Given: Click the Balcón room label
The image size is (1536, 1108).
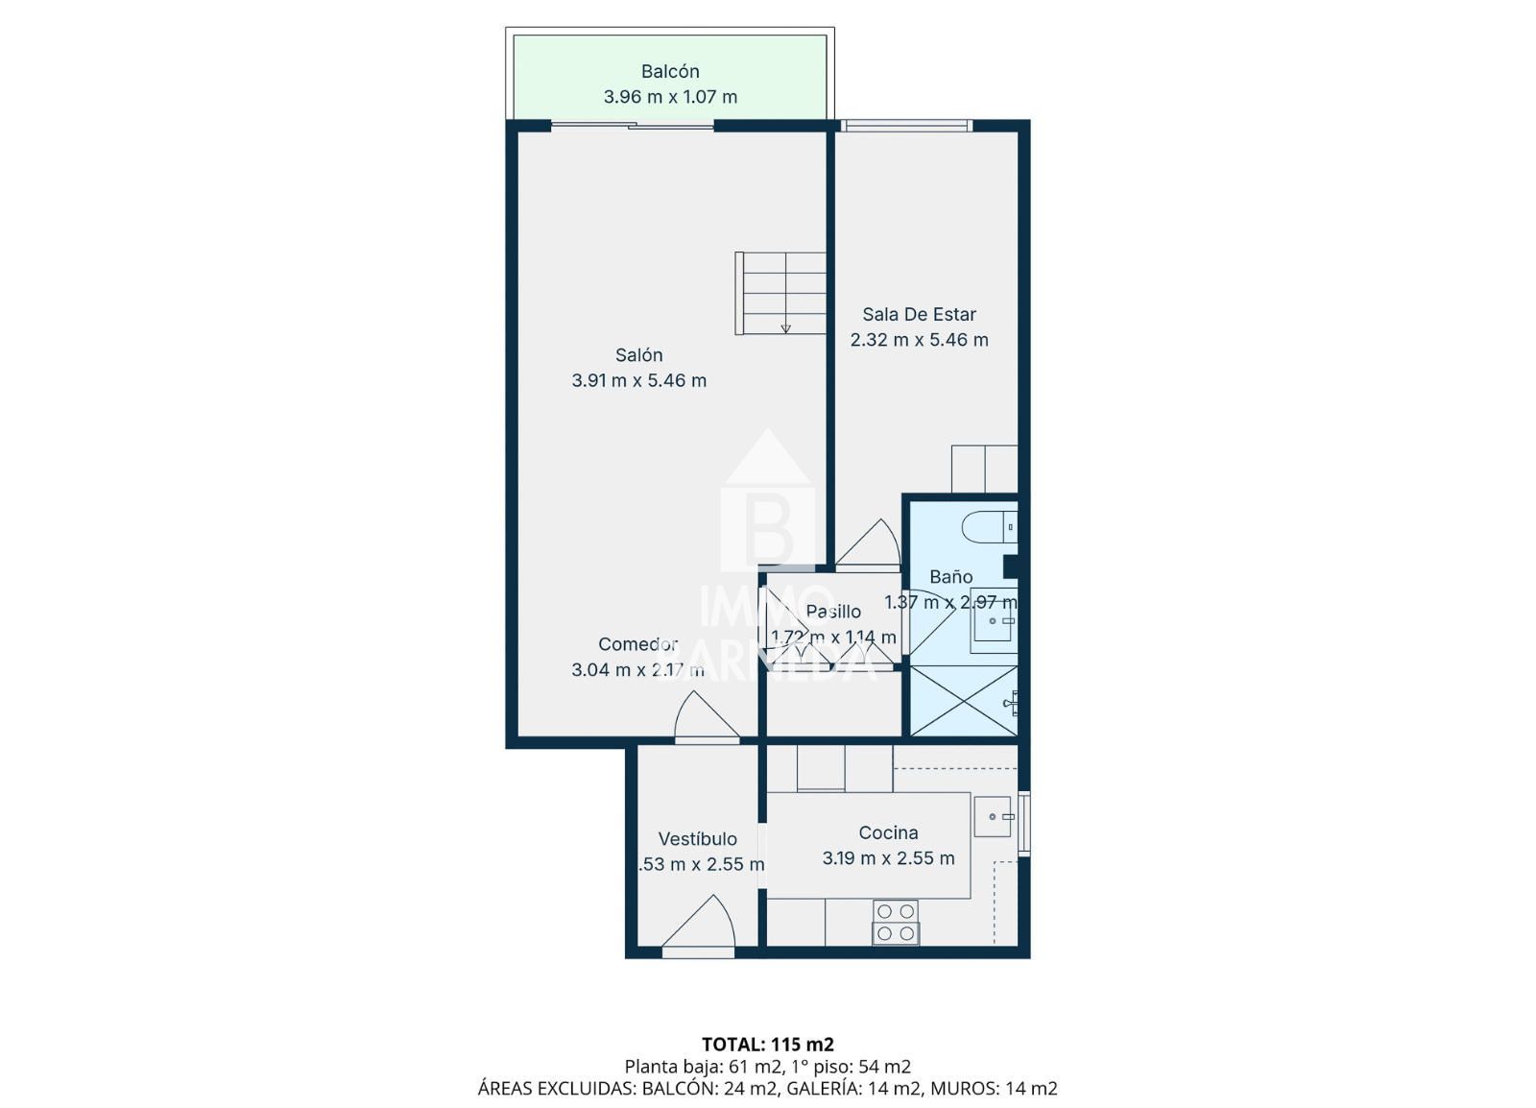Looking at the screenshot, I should point(670,71).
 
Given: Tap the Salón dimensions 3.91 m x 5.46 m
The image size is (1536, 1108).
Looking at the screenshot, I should point(638,380).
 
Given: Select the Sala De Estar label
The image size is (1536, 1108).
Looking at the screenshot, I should point(919,314).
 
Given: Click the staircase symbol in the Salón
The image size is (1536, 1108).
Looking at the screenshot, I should point(780,294).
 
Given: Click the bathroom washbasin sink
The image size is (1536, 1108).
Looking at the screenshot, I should point(993,620).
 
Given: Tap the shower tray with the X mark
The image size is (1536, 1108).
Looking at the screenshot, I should point(963,701).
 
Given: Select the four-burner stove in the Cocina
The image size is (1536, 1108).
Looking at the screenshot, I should point(896,922).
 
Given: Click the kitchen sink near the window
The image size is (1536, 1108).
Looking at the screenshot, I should point(993,816).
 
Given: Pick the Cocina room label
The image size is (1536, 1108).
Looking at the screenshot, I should point(888,832).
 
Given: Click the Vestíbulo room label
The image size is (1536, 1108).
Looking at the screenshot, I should point(697,839).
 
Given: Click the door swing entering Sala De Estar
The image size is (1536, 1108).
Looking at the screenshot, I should point(869,545).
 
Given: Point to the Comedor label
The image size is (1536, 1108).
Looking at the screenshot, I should point(637,644).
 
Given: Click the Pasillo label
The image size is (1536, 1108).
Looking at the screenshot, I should point(833,612).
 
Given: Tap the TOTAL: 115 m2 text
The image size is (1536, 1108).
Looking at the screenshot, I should point(767,1044).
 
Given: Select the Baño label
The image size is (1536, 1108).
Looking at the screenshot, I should point(950,577).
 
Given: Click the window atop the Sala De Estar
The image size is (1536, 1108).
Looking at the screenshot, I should point(906,125).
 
